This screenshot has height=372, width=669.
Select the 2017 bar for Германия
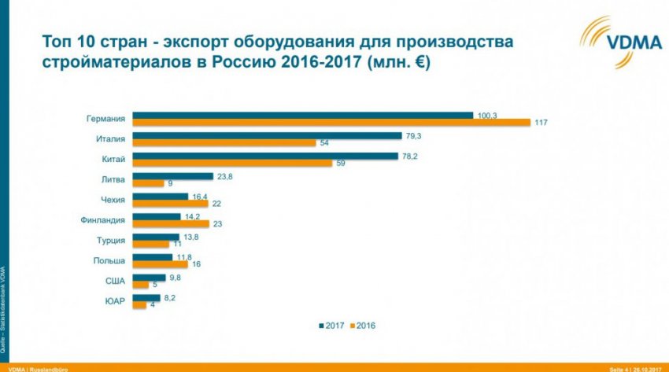pyautogui.click(x=302, y=115)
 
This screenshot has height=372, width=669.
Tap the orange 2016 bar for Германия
pyautogui.click(x=331, y=122)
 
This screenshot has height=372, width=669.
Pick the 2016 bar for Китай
pyautogui.click(x=232, y=163)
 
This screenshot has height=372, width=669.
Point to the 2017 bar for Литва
pyautogui.click(x=172, y=176)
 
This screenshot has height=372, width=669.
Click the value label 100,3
pyautogui.click(x=488, y=115)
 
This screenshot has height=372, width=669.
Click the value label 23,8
pyautogui.click(x=226, y=176)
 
